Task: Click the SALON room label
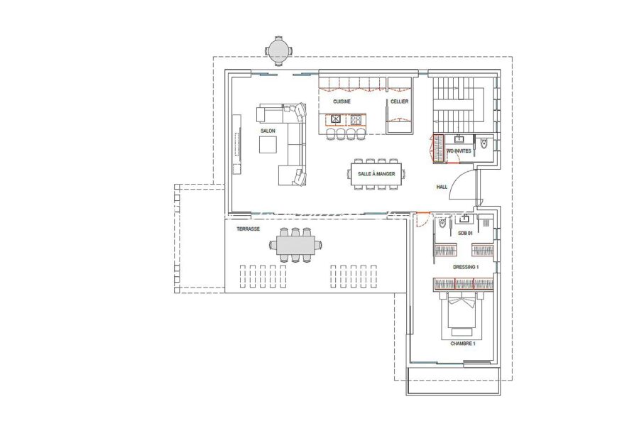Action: tap(268, 131)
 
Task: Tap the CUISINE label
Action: tap(342, 102)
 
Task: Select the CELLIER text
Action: tap(399, 102)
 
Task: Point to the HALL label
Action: tap(442, 187)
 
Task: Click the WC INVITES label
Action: tap(459, 151)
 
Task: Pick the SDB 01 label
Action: tap(465, 233)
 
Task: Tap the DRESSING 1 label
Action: tap(466, 268)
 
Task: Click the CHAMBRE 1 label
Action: tap(462, 344)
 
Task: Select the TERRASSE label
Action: tap(248, 229)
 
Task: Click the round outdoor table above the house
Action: tap(279, 51)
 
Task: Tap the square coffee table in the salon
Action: tap(268, 144)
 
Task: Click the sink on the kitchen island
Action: tap(336, 119)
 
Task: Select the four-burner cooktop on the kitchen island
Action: tap(356, 119)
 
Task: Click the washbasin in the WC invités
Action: tap(459, 139)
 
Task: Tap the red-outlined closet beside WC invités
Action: tap(438, 148)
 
